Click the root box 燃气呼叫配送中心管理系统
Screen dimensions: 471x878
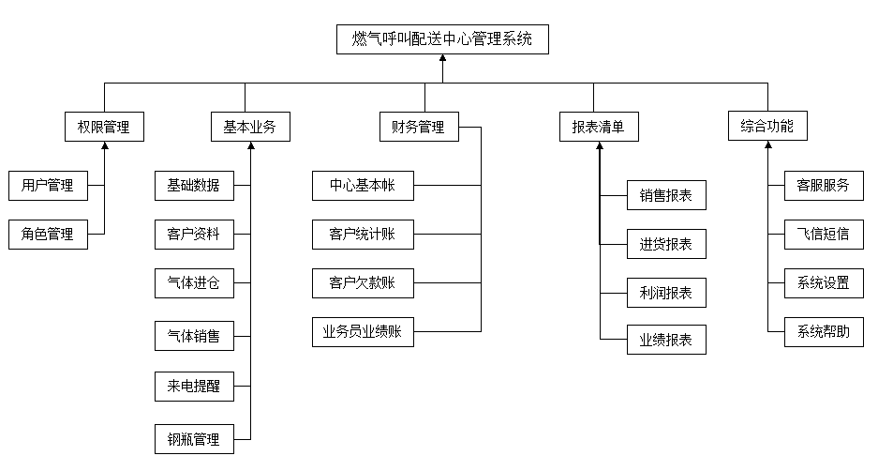(x=442, y=39)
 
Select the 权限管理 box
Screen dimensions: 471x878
(x=104, y=127)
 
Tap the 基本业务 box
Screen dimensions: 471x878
(x=249, y=127)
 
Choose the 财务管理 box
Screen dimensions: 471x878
(x=419, y=127)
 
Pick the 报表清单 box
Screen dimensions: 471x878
(x=599, y=127)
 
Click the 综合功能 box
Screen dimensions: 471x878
(x=766, y=127)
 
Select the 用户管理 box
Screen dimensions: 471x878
(x=48, y=186)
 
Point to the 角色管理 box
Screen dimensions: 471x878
(x=48, y=235)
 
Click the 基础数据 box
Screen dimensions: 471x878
(x=194, y=186)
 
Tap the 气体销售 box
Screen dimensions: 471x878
(x=194, y=335)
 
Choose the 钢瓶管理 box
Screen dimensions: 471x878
(x=194, y=439)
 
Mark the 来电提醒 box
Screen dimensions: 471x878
(x=194, y=386)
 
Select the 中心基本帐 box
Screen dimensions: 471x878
(x=363, y=186)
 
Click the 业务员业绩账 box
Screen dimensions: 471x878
(x=363, y=331)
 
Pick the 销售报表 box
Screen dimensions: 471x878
(x=666, y=195)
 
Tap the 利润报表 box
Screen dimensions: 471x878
(x=666, y=293)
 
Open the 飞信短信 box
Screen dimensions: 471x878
(x=824, y=235)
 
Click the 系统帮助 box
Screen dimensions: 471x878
(x=824, y=331)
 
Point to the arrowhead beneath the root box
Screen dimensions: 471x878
(x=442, y=60)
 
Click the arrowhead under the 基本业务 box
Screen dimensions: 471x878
(x=250, y=146)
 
